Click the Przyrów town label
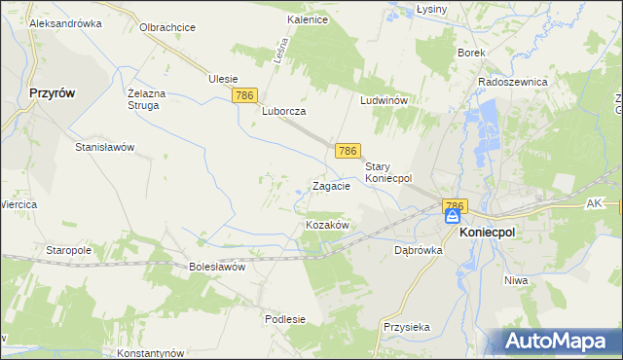pos(53,94)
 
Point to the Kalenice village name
pos(307,19)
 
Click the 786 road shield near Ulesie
pos(244,95)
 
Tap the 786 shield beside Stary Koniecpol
pos(348,151)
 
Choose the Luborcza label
pos(284,111)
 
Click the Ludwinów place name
pos(388,100)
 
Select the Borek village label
pos(471,54)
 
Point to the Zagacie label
pos(331,186)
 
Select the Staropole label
pos(68,250)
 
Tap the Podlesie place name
pos(285,319)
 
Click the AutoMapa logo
pos(559,341)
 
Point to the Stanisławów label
pos(104,147)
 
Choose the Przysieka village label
pos(407,328)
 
